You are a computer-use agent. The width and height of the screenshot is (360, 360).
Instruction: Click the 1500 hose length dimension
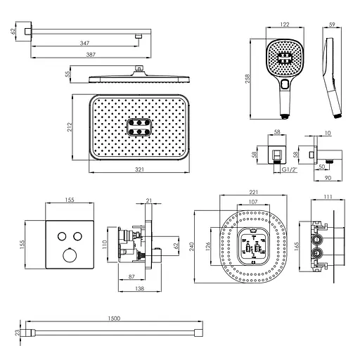coord(114,319)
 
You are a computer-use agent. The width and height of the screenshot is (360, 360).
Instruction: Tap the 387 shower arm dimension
coord(91,55)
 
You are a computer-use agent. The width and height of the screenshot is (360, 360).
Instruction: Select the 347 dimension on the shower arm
coord(84,43)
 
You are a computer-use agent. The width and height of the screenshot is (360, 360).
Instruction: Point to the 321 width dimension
coord(139,169)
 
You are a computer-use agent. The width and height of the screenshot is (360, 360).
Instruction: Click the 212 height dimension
coord(70,127)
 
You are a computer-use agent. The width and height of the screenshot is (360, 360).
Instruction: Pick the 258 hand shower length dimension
coord(247,79)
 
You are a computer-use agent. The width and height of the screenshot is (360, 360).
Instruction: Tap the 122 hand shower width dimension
coord(285,25)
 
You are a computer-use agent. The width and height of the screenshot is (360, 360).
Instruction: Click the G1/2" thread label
coord(290,169)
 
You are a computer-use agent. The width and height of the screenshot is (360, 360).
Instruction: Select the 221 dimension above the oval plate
coord(254,192)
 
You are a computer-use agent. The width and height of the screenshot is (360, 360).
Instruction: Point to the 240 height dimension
coord(192,247)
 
